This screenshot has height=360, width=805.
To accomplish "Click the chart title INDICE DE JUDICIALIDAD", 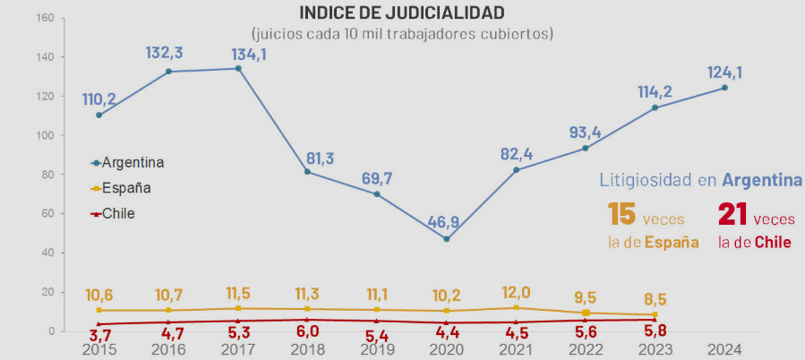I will [x=402, y=13].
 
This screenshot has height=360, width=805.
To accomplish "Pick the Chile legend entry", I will [x=118, y=213].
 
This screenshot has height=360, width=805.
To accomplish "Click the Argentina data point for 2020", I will [x=446, y=239].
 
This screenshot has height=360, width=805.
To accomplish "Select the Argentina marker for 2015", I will [x=98, y=115].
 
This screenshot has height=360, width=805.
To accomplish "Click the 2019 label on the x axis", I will [x=376, y=348].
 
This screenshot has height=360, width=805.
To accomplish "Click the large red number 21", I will [x=732, y=216].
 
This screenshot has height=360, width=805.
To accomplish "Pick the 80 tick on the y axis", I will [x=48, y=175].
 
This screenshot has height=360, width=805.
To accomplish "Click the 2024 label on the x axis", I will [x=724, y=348].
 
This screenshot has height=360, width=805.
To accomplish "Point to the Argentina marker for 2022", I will [x=585, y=148].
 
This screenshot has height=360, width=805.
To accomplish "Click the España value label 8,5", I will [x=655, y=299].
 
